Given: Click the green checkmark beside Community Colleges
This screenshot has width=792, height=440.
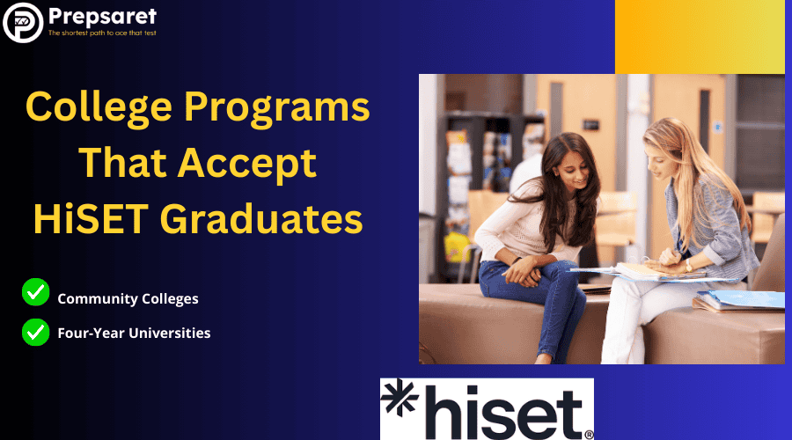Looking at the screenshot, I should point(35,291).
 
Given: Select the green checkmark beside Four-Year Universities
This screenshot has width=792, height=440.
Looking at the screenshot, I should point(35,333).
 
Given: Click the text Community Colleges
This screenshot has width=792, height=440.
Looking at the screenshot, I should point(128,298).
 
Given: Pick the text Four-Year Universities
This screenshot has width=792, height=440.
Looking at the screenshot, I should point(134,333).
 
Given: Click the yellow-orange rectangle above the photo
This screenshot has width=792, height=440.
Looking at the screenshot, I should point(699,36).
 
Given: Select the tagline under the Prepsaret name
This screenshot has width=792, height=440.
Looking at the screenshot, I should point(102,33).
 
